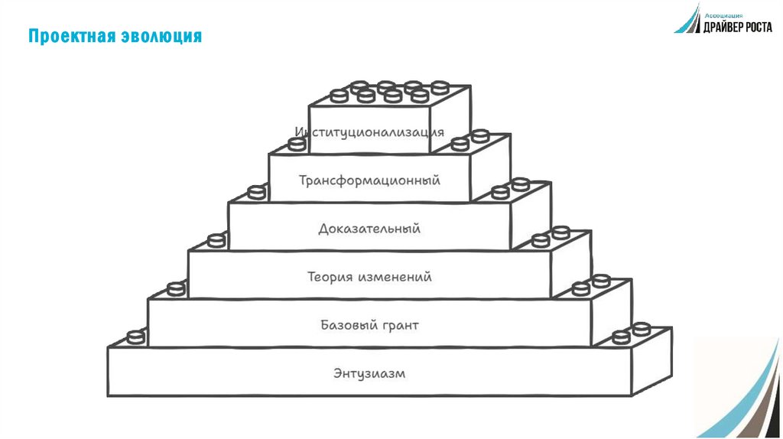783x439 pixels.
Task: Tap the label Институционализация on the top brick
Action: click(369, 132)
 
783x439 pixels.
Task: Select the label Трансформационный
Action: click(369, 181)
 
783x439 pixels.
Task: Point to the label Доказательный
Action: click(369, 229)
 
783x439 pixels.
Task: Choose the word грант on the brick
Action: click(398, 326)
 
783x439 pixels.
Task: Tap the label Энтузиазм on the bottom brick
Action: click(369, 374)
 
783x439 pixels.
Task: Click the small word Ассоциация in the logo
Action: click(722, 13)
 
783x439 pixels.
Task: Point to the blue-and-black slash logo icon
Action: click(687, 20)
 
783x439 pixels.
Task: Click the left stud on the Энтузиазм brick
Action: click(136, 337)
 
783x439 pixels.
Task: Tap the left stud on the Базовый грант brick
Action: click(177, 288)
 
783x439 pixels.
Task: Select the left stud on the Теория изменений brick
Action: click(217, 240)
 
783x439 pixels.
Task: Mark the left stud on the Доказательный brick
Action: click(257, 192)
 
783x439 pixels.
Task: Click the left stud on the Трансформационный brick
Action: click(297, 144)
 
